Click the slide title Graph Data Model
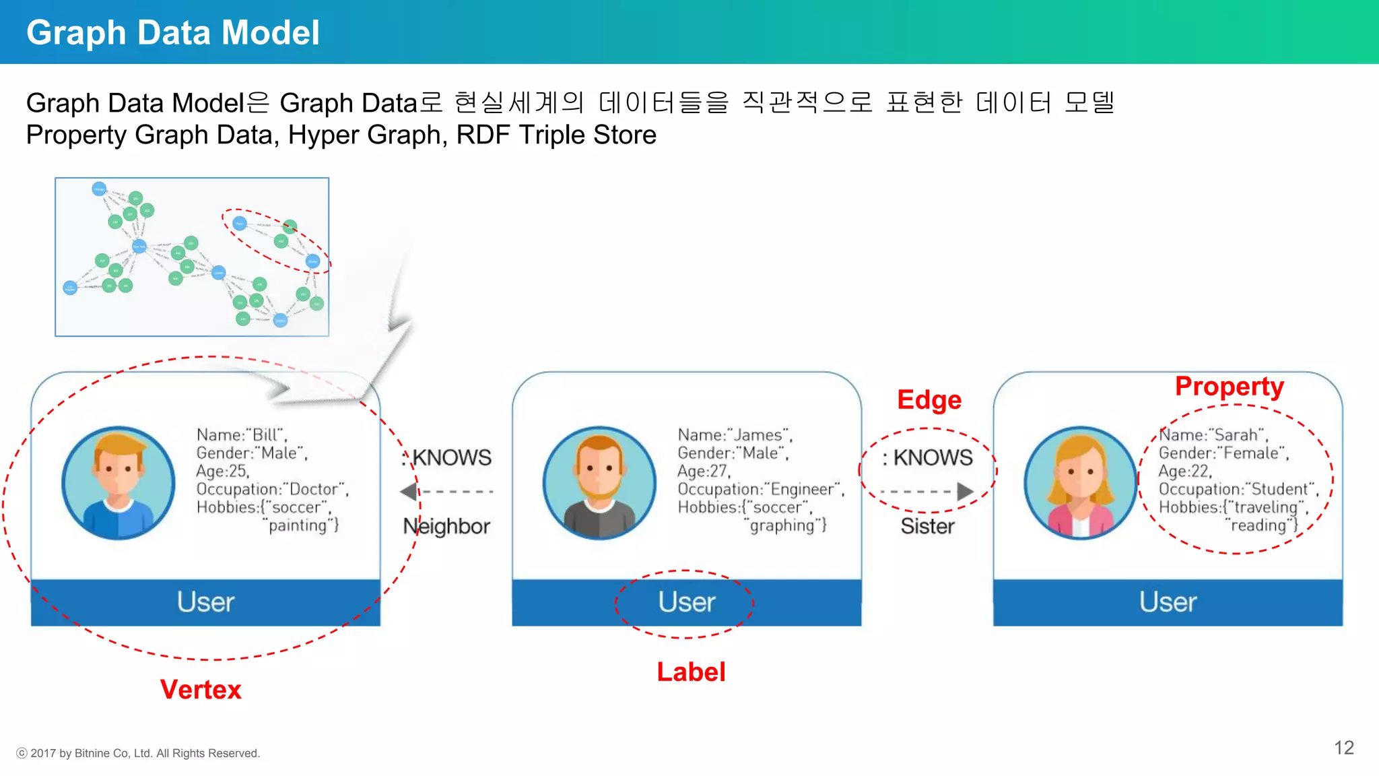(x=172, y=32)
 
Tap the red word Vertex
(x=201, y=689)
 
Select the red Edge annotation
(x=929, y=399)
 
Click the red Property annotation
(x=1229, y=386)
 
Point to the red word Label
(x=691, y=672)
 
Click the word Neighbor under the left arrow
(x=446, y=526)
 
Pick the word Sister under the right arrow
(x=928, y=526)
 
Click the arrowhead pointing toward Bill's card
(x=408, y=492)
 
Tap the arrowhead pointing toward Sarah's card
(x=966, y=492)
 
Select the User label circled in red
(x=686, y=602)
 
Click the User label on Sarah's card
(x=1168, y=602)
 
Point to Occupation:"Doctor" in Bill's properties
(x=272, y=489)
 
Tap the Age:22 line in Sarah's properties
(x=1185, y=471)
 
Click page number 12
(x=1344, y=748)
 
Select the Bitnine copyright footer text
(x=138, y=753)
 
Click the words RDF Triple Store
(x=556, y=135)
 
